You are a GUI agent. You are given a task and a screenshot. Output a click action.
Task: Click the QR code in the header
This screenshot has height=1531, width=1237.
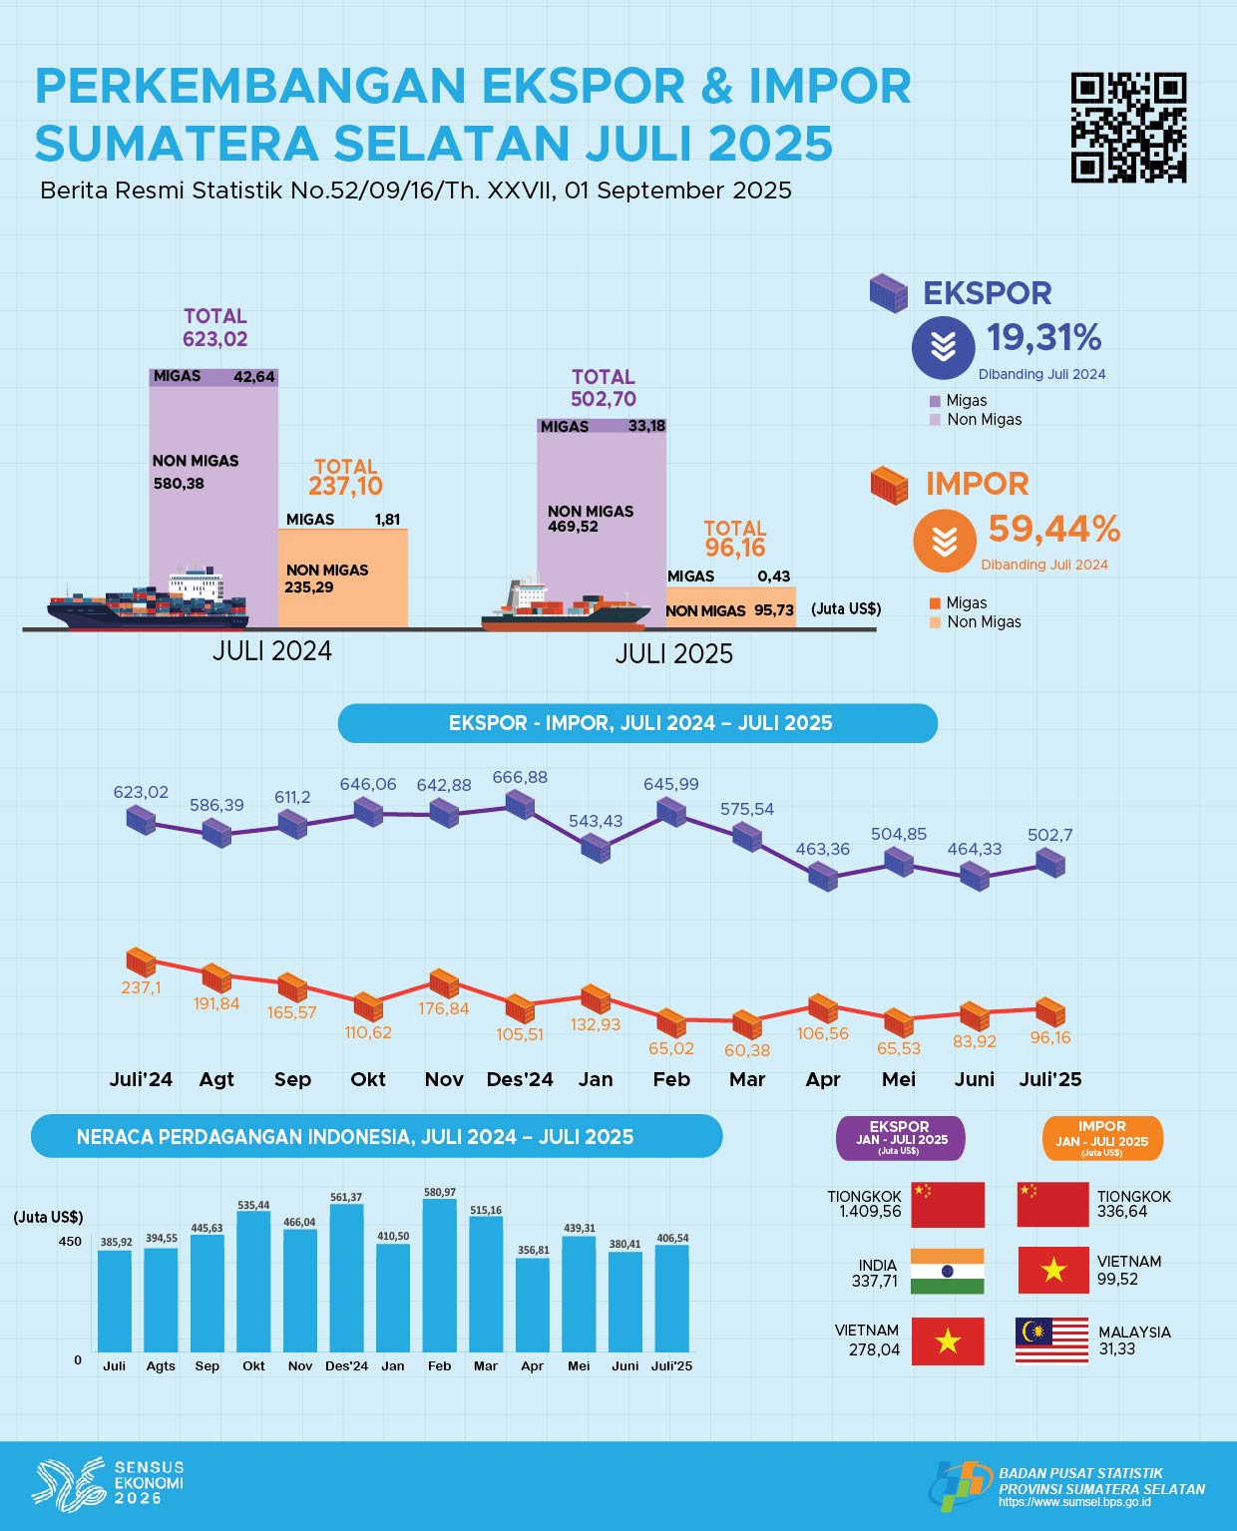(1128, 128)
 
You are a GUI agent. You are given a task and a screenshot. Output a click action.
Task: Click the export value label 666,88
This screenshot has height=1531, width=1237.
(520, 777)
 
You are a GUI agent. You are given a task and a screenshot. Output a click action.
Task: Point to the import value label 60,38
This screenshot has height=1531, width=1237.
(747, 1050)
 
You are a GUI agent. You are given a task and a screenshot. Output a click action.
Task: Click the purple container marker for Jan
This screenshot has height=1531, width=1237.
(596, 848)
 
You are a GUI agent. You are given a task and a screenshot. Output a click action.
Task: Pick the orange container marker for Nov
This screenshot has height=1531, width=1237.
(444, 983)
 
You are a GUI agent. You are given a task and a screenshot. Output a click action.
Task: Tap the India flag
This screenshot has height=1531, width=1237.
(948, 1272)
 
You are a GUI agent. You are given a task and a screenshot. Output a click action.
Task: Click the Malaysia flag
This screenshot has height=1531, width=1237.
(1051, 1340)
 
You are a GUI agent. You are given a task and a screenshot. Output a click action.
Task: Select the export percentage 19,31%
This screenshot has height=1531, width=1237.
(1043, 338)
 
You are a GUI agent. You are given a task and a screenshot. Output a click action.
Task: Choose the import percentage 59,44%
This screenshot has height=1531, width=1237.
(1053, 529)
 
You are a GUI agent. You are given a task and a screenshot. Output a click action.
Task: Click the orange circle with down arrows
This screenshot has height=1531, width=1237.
(944, 541)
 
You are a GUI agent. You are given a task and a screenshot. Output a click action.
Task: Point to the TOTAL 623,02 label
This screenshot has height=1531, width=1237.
(214, 328)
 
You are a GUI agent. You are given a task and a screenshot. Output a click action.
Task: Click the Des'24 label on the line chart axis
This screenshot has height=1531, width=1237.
(520, 1079)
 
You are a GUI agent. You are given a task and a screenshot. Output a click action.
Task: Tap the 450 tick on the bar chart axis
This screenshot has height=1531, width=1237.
(70, 1242)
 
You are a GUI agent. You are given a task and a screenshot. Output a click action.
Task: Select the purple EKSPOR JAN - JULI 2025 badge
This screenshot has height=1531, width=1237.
(900, 1138)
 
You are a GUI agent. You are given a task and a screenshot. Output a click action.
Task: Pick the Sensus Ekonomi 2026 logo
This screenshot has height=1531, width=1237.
(108, 1481)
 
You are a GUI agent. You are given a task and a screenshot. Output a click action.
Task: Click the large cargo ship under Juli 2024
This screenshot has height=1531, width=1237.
(148, 601)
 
